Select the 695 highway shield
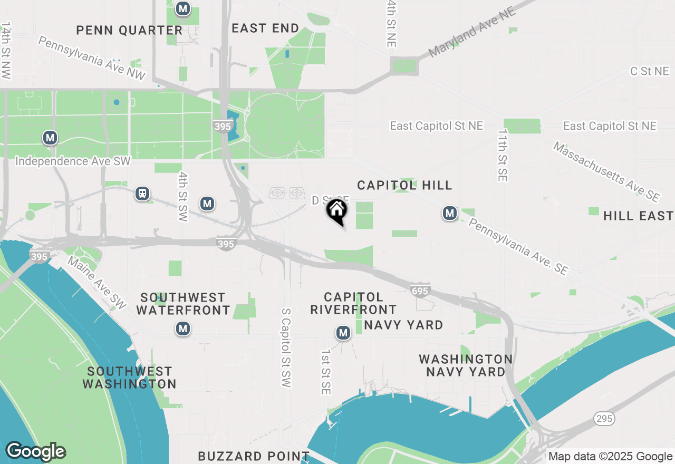pyautogui.click(x=420, y=291)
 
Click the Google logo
pyautogui.click(x=35, y=451)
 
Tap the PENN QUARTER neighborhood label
pyautogui.click(x=129, y=30)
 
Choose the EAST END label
pyautogui.click(x=265, y=28)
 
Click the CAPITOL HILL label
pyautogui.click(x=404, y=185)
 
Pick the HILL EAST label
pyautogui.click(x=638, y=216)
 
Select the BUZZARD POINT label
pyautogui.click(x=254, y=456)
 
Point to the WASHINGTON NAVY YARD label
pyautogui.click(x=466, y=365)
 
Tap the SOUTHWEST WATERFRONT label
pyautogui.click(x=183, y=304)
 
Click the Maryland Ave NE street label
pyautogui.click(x=471, y=32)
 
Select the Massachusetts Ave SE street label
pyautogui.click(x=606, y=171)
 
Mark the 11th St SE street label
pyautogui.click(x=502, y=155)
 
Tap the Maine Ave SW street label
pyautogui.click(x=97, y=283)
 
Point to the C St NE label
pyautogui.click(x=649, y=71)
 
